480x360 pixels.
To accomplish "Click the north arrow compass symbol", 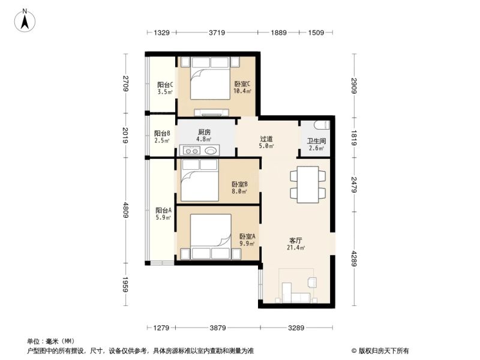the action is pos(25,20).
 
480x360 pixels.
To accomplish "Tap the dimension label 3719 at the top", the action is pos(217,32).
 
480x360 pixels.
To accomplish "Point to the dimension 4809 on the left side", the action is pos(125,209).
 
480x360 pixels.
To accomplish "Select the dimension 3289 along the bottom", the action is pos(296,328).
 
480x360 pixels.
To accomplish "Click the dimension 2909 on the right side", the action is pos(354,86).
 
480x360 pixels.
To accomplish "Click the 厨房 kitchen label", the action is pos(204,132).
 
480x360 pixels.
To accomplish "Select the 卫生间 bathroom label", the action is pos(316,141).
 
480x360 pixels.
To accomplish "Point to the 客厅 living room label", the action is pos(296,241).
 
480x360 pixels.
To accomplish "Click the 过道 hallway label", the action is pos(266,139).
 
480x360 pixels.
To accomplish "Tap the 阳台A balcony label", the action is pos(163,211).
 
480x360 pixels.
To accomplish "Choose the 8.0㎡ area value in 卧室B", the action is pos(239,191).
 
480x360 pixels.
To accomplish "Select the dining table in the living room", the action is pos(308,185).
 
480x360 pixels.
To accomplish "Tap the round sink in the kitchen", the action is pos(211,151).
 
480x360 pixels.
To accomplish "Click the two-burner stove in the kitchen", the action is pos(191,151).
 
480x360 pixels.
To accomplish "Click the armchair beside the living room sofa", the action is pos(312,282).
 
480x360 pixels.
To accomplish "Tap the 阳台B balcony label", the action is pos(162,133).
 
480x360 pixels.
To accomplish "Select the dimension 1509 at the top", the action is pos(316,32).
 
